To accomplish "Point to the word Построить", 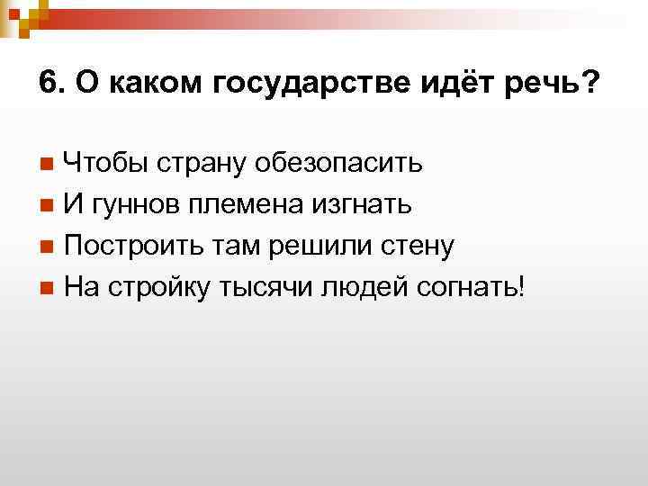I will [x=128, y=246].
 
